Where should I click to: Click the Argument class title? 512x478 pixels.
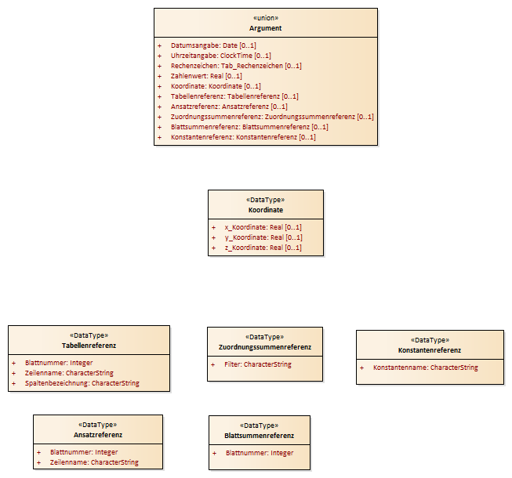point(266,28)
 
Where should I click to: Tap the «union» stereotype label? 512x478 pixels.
point(266,18)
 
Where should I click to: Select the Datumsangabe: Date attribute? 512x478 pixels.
point(213,45)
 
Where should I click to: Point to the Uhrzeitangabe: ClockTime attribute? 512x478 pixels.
point(221,56)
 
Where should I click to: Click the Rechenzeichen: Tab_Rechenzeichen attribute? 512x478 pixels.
point(236,66)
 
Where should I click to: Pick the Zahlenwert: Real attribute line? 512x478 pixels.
point(206,76)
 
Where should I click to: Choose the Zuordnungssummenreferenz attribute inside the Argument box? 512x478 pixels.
point(272,117)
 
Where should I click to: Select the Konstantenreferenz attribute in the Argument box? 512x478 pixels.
point(243,137)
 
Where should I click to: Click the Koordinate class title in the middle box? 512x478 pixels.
point(266,210)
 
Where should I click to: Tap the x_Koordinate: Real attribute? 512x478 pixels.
point(263,227)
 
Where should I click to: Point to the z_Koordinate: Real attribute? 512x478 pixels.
point(263,248)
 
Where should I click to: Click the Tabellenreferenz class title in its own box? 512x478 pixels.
point(89,346)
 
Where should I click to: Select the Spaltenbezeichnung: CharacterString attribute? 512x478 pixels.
point(82,383)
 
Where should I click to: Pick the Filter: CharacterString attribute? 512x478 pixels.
point(258,364)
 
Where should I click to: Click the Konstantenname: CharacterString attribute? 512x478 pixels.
point(426,368)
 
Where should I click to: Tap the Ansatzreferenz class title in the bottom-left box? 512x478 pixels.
point(98,435)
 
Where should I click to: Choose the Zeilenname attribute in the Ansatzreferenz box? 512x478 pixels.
point(94,462)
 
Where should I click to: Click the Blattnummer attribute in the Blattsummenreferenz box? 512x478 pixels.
point(260,453)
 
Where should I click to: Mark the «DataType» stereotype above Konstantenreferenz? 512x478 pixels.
point(430,340)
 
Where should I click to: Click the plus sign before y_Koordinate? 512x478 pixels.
point(213,237)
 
